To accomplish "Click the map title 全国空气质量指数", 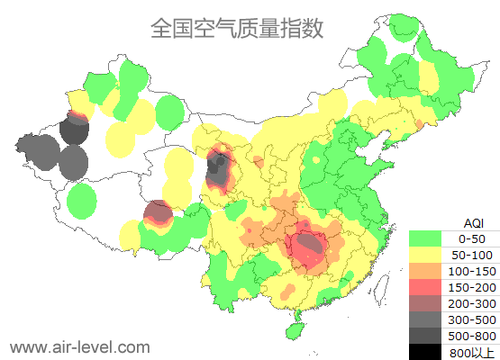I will coord(237,28).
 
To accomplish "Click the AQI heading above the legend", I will coord(472,222).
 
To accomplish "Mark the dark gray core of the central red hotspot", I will coord(310,243).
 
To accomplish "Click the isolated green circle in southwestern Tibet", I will coord(82,200).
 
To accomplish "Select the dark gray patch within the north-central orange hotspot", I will coord(217,168).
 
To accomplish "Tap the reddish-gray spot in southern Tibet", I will coord(158,212).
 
